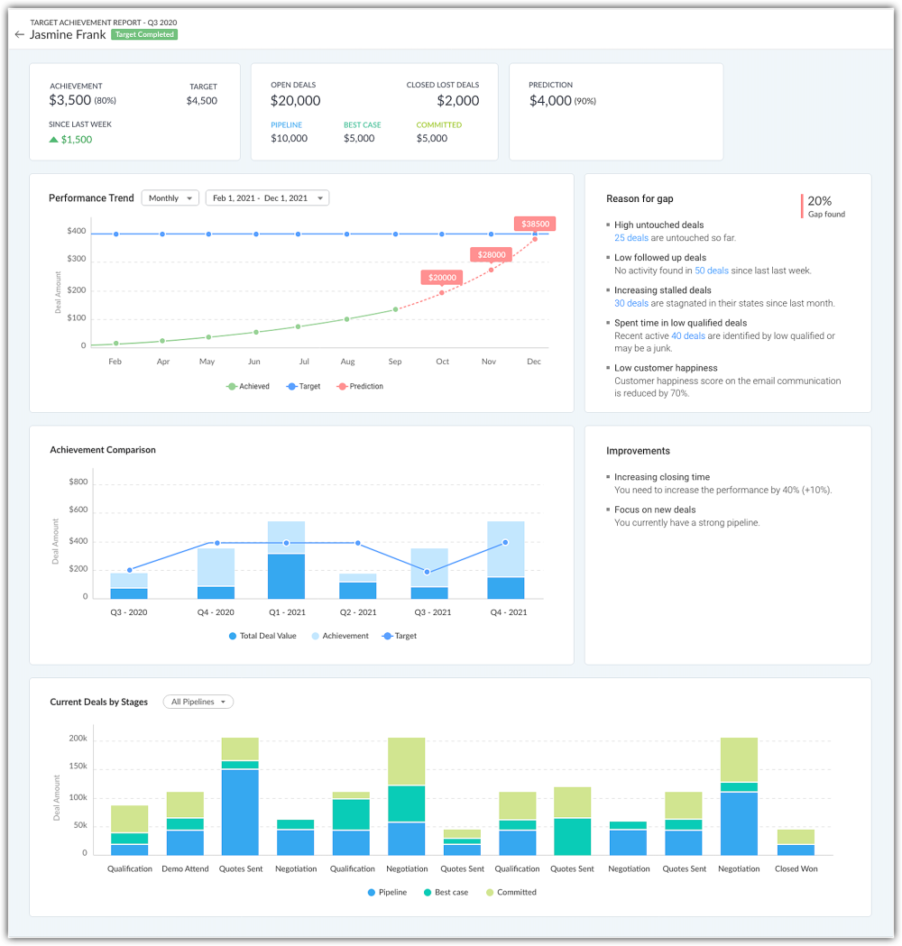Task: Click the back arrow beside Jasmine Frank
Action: pos(20,35)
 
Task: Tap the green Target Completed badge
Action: pos(144,35)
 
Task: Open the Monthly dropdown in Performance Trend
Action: pos(170,198)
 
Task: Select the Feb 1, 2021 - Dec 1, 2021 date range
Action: pos(267,198)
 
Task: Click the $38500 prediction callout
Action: pos(533,224)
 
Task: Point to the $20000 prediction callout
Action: pos(442,278)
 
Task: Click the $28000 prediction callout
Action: pos(492,255)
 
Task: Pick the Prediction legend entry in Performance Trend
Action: pos(360,387)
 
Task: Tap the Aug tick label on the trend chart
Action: pos(348,362)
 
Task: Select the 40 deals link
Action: pos(688,336)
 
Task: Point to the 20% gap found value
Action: pos(820,201)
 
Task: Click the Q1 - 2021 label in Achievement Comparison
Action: pos(286,612)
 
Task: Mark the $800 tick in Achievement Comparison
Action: pos(78,482)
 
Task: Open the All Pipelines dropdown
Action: pos(198,702)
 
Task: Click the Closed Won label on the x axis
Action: pos(795,869)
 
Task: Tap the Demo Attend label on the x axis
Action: pos(185,869)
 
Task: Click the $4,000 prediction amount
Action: pos(550,101)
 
